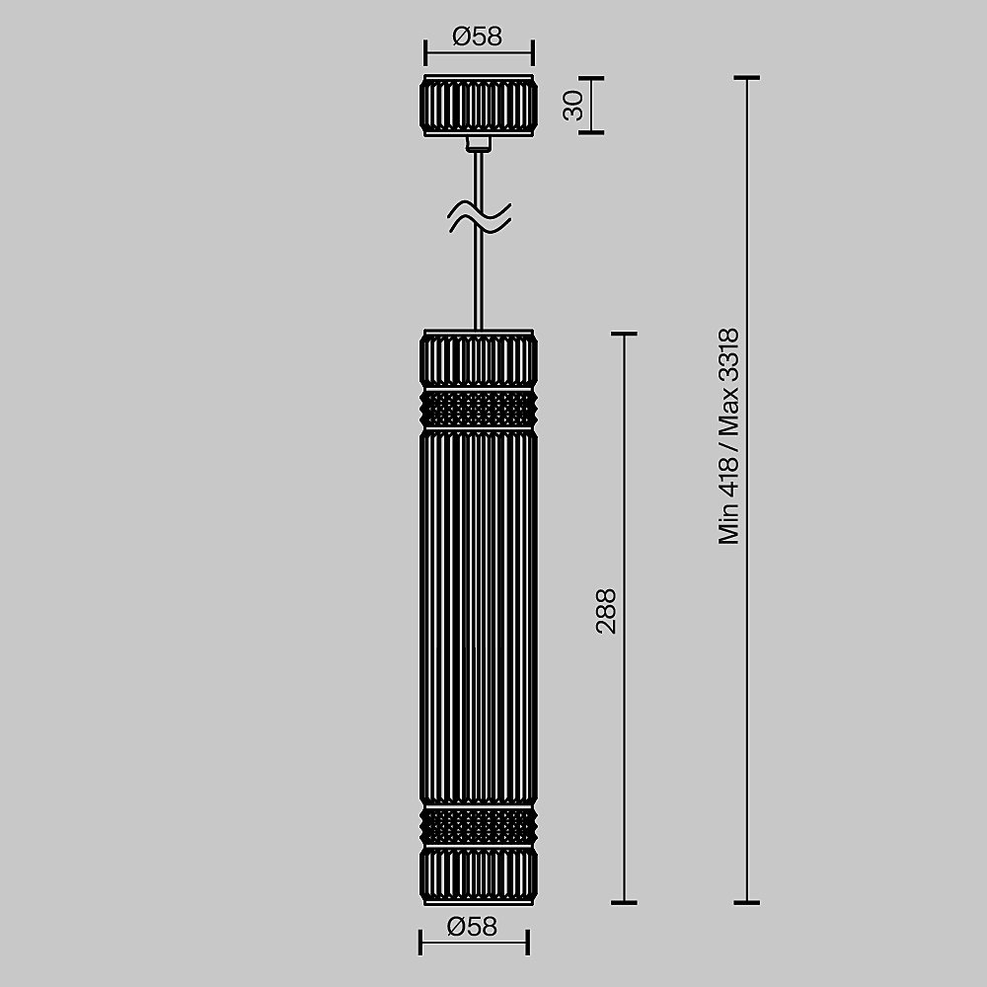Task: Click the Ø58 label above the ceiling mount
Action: point(478,37)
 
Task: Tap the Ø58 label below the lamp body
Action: point(471,926)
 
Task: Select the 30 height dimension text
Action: point(573,105)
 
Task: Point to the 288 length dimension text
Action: point(606,610)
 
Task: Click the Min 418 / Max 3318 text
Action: point(728,435)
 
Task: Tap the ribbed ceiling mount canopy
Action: point(479,104)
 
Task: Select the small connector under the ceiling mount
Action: point(479,143)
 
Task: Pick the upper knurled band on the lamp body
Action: point(479,408)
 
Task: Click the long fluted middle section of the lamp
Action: point(479,617)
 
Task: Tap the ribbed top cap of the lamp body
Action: point(479,359)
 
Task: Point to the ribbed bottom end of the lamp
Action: point(479,873)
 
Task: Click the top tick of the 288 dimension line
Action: point(624,334)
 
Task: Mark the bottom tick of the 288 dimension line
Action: point(624,902)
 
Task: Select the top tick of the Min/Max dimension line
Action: point(746,77)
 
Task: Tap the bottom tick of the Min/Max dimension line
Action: point(746,902)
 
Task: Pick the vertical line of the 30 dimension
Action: point(591,104)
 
